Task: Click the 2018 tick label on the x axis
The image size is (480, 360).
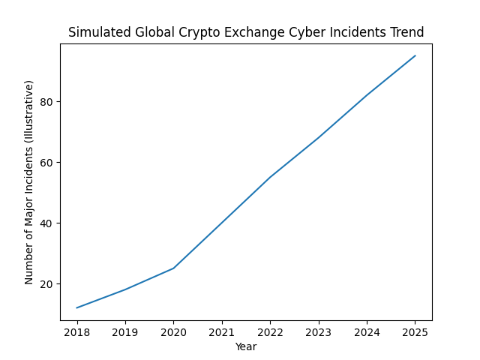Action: [77, 332]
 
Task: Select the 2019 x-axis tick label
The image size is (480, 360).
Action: [125, 332]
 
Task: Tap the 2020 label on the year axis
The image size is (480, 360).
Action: [174, 332]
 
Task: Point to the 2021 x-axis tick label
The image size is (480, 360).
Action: [222, 332]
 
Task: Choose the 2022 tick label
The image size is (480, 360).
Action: [270, 332]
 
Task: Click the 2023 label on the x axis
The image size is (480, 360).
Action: [319, 332]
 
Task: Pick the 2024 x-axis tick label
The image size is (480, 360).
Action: [367, 332]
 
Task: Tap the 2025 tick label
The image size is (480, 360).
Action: [415, 332]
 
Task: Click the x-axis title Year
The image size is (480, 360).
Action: [246, 346]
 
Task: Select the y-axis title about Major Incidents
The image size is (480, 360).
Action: [29, 182]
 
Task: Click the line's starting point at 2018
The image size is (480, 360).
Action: [77, 307]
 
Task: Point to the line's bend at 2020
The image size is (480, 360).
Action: [174, 268]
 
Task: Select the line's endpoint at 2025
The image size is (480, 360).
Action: [415, 55]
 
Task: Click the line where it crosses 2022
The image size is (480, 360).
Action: [270, 177]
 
